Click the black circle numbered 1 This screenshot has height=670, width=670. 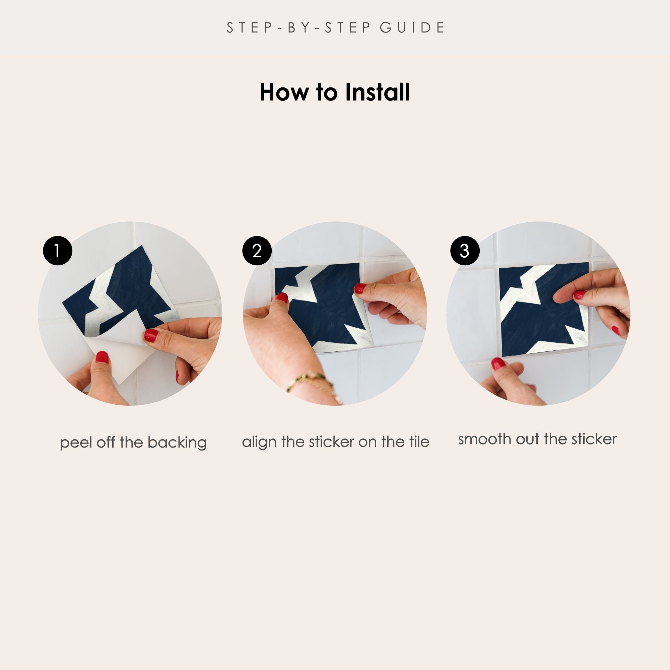pyautogui.click(x=58, y=251)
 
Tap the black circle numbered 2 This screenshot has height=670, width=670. pyautogui.click(x=257, y=251)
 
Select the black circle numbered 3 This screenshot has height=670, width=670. pyautogui.click(x=465, y=251)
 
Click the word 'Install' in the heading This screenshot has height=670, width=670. pyautogui.click(x=377, y=92)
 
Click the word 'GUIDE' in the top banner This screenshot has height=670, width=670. pyautogui.click(x=412, y=28)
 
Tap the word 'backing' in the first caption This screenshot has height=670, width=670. pyautogui.click(x=177, y=443)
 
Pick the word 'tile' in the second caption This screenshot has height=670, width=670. pyautogui.click(x=419, y=442)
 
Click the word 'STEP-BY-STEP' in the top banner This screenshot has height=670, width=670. pyautogui.click(x=298, y=28)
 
